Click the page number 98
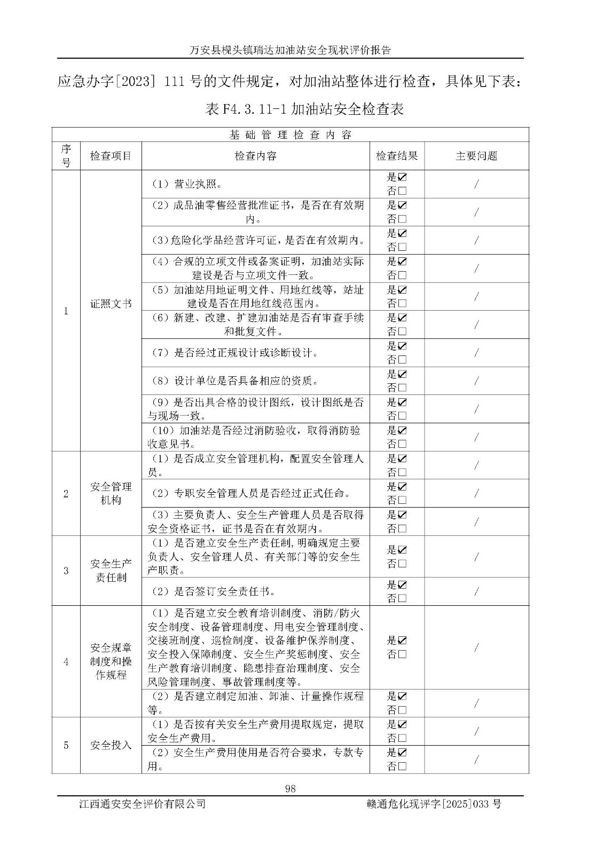click(x=291, y=788)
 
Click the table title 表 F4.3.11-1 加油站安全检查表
click(x=304, y=109)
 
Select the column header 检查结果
click(x=397, y=156)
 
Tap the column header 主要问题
click(x=476, y=156)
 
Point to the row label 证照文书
click(x=111, y=304)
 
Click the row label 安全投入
click(x=111, y=745)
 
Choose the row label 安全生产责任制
click(x=111, y=571)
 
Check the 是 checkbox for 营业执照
click(x=402, y=177)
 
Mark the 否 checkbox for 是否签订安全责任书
click(x=402, y=598)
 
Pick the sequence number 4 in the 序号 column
click(x=66, y=662)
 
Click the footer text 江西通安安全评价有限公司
click(x=142, y=804)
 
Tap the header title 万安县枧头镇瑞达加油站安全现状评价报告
click(x=291, y=50)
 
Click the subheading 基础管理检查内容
click(x=291, y=135)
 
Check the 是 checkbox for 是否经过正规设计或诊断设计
click(x=402, y=346)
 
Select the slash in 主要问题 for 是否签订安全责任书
click(x=476, y=591)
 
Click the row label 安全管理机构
click(x=111, y=493)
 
